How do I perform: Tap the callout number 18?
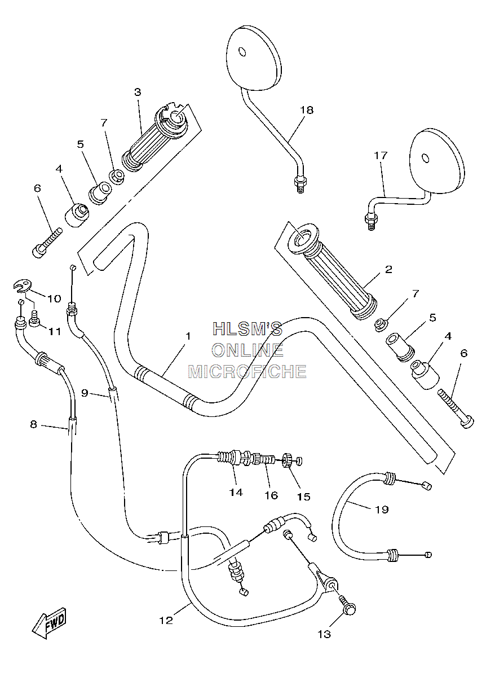point(307,110)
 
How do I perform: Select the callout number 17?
point(381,155)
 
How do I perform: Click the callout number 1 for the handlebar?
point(188,336)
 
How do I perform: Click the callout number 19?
point(382,509)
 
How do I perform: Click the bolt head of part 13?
point(350,609)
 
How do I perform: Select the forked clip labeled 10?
point(23,286)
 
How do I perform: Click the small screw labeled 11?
point(34,318)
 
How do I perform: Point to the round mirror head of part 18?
point(254,59)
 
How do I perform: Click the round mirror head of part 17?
point(437,161)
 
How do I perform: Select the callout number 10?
point(54,298)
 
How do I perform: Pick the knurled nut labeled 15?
point(288,460)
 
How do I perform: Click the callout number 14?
point(236,492)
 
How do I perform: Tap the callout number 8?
point(33,424)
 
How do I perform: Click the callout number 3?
point(138,92)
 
